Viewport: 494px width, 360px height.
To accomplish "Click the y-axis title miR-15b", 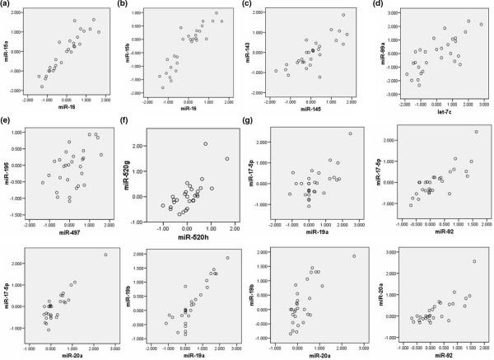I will pos(137,54).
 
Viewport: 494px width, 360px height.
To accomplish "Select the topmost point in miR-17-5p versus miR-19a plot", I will pos(351,133).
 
